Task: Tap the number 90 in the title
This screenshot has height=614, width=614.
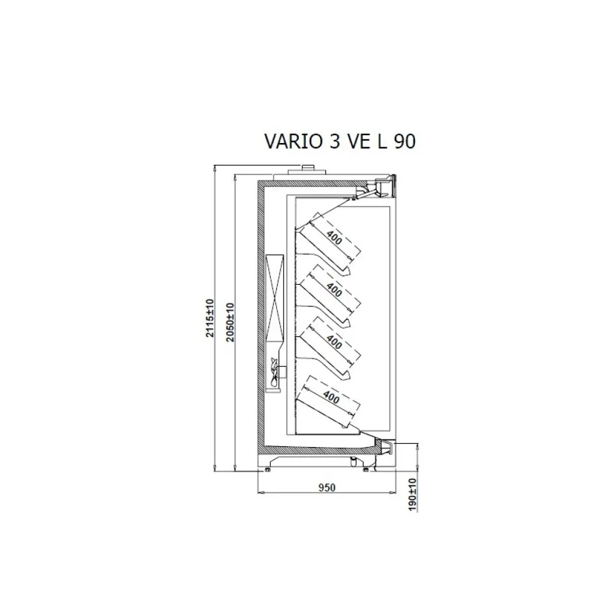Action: click(405, 142)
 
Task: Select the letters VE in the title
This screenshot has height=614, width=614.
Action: click(358, 142)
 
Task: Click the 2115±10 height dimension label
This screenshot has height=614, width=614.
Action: click(209, 319)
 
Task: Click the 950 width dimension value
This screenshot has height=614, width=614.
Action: click(326, 488)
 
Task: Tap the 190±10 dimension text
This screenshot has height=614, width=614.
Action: click(412, 494)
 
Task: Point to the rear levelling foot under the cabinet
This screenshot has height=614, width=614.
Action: click(268, 470)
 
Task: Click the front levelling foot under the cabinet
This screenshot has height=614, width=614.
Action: click(367, 470)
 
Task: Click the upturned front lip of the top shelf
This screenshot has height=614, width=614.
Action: click(349, 270)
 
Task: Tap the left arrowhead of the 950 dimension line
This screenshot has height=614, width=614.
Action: click(258, 493)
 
